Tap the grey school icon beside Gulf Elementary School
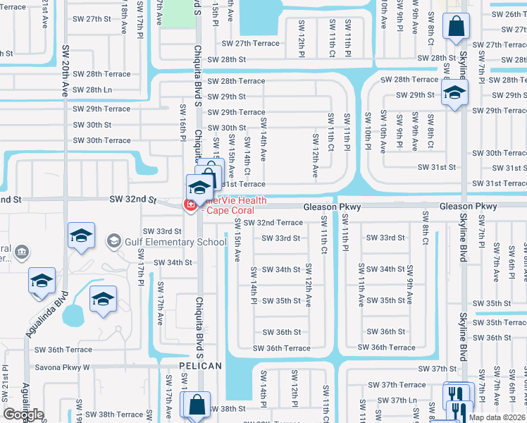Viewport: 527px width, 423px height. point(113,242)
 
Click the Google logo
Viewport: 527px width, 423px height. point(23,415)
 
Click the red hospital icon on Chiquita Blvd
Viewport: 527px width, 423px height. point(189,205)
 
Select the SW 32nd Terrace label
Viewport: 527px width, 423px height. point(273,223)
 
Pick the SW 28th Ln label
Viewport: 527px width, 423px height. point(92,90)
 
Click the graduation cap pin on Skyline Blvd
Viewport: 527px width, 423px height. point(455,92)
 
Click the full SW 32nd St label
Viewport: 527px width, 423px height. point(132,200)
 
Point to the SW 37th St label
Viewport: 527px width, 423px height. point(438,369)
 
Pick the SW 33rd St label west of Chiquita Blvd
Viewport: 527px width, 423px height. point(162,231)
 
